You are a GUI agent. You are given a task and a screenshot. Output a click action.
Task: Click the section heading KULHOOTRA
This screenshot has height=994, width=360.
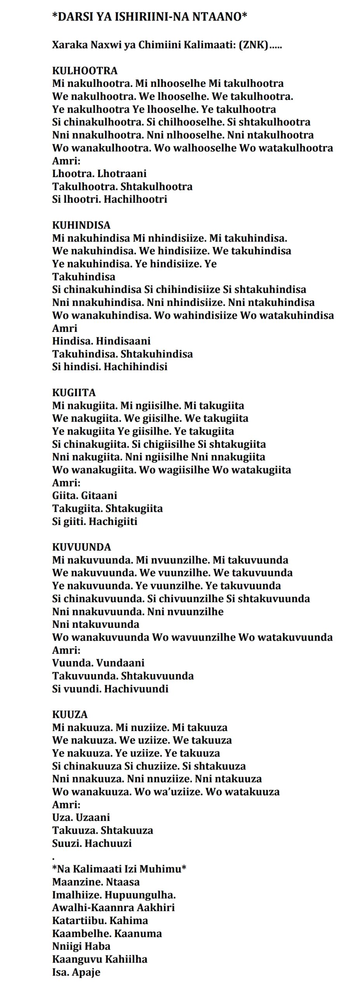click(85, 71)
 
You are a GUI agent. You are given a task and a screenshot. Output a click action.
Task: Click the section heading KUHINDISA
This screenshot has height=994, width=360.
click(81, 225)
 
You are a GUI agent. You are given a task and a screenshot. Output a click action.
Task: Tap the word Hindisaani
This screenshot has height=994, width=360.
click(123, 341)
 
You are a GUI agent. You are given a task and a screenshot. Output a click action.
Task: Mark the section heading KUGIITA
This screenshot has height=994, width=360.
click(74, 393)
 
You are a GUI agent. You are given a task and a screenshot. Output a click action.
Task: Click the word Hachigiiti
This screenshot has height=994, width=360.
click(113, 521)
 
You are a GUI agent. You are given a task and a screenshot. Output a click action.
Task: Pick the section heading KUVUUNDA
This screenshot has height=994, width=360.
click(82, 547)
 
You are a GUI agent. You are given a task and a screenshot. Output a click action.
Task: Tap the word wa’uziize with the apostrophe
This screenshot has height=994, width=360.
click(179, 791)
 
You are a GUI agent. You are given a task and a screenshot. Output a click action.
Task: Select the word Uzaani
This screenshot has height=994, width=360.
click(93, 817)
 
